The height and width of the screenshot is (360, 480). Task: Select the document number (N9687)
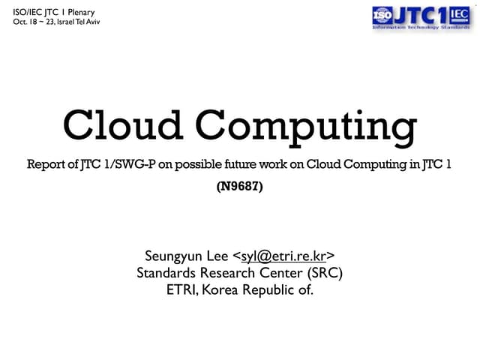click(x=239, y=188)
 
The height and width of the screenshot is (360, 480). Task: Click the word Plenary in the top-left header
click(x=78, y=11)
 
